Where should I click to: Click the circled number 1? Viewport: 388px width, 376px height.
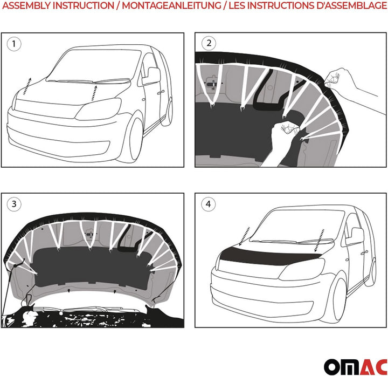15,44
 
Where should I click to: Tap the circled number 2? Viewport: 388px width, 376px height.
208,43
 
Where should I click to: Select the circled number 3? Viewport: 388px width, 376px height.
15,204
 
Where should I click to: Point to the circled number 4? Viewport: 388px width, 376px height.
208,204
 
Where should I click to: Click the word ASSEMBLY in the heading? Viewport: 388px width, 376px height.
26,6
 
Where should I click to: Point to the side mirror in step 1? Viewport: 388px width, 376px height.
151,75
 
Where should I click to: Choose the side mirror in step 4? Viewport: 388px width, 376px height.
356,236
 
